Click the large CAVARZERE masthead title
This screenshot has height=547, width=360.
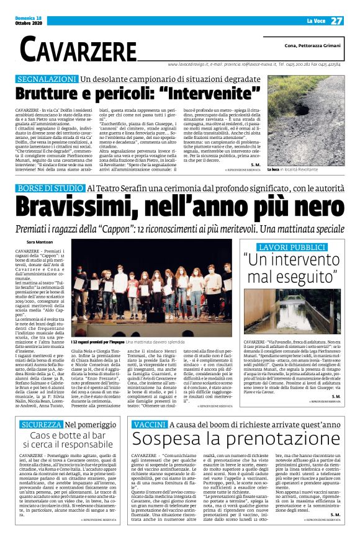[x=78, y=48]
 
